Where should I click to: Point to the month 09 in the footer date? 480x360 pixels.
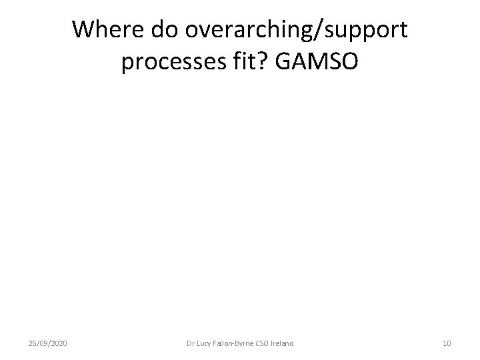click(x=44, y=343)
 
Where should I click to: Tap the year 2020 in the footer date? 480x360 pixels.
click(x=59, y=343)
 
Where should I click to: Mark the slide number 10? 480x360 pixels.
click(x=447, y=343)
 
